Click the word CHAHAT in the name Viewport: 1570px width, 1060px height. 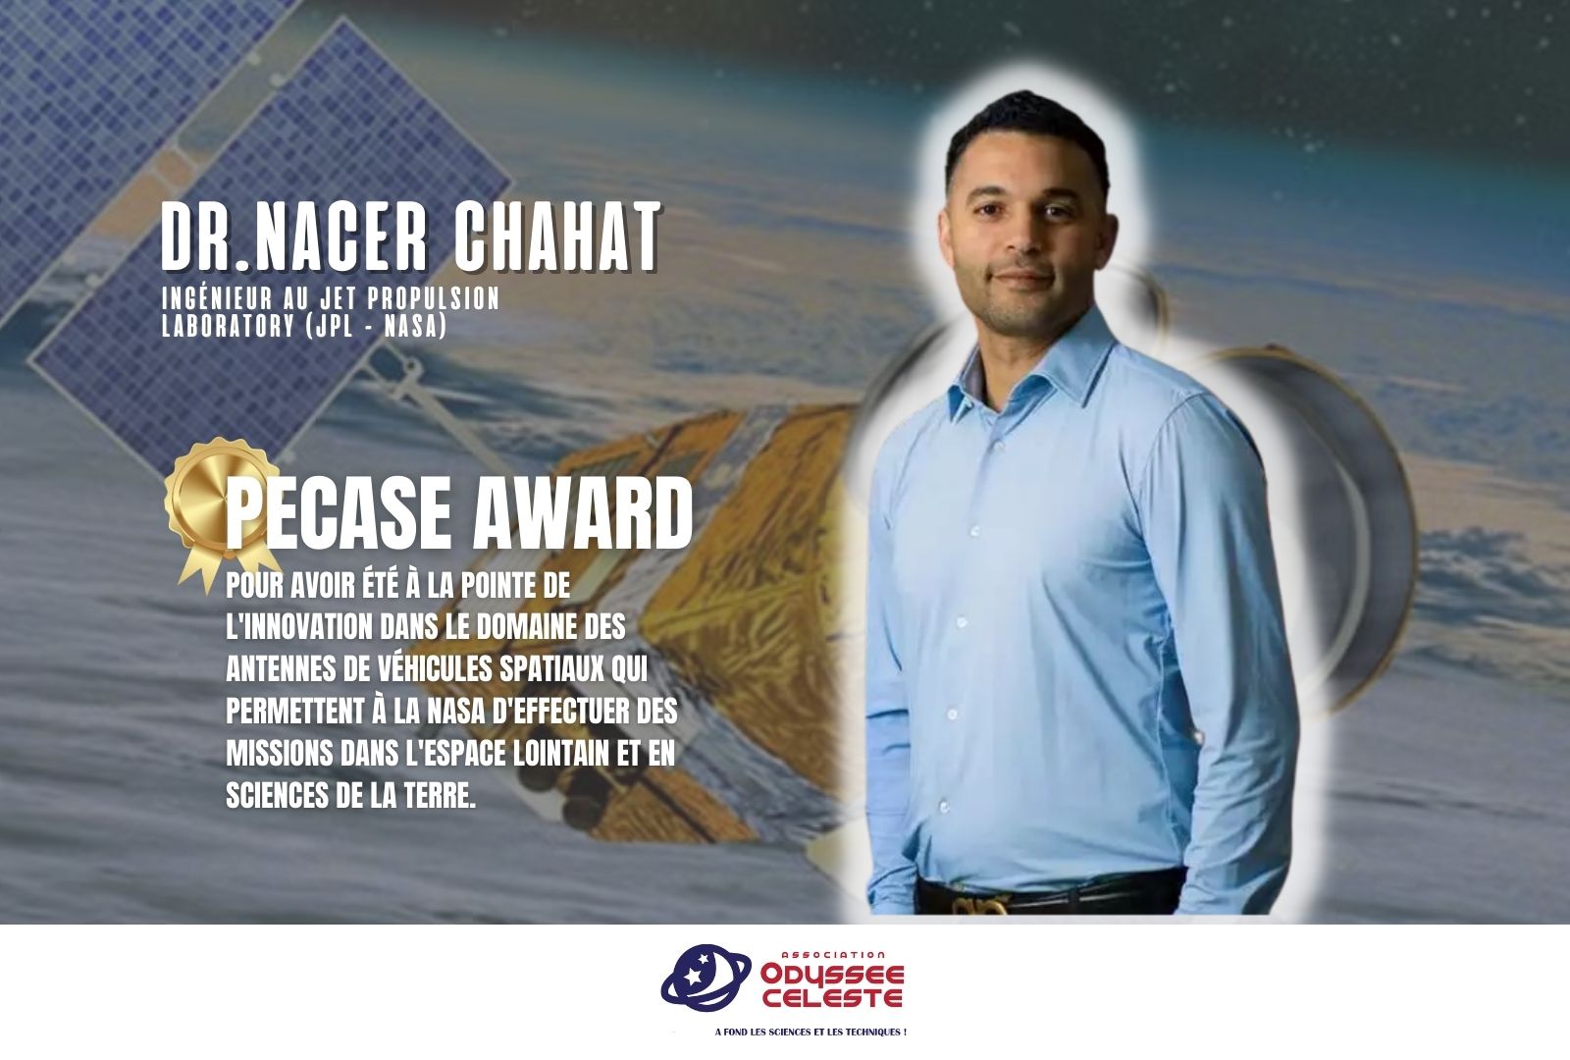coord(558,237)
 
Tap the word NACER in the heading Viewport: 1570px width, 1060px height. coord(340,237)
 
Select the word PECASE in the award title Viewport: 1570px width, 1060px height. coord(338,513)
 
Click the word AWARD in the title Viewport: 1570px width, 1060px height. coord(583,513)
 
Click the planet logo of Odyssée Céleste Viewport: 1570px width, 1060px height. coord(706,978)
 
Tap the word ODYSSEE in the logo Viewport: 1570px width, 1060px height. coord(833,975)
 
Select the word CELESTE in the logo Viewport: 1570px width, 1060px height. coord(833,997)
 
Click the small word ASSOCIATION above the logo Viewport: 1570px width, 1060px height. coord(833,954)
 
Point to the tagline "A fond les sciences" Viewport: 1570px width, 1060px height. coord(811,1032)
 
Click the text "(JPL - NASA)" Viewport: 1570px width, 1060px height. coord(377,326)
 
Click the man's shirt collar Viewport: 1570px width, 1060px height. coord(1030,372)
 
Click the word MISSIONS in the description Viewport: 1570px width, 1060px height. coord(279,753)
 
